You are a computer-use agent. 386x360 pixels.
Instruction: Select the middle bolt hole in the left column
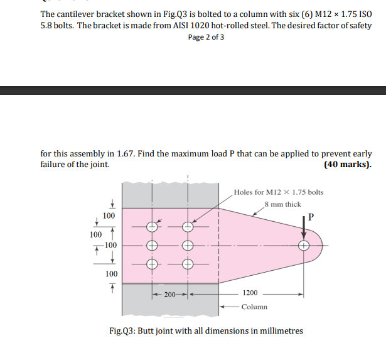point(151,245)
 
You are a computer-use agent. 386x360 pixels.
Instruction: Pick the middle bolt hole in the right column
point(188,245)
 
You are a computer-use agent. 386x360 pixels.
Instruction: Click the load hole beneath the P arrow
point(304,245)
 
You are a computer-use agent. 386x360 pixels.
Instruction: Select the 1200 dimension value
point(250,293)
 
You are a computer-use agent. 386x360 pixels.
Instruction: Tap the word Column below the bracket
point(254,307)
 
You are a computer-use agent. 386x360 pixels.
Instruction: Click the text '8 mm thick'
point(283,204)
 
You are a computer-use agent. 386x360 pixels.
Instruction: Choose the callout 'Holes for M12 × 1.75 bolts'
point(278,192)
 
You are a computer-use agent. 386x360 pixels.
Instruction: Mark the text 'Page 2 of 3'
point(206,37)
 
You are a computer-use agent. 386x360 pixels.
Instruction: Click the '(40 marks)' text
point(347,165)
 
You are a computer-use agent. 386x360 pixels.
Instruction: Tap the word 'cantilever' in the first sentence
point(77,14)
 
